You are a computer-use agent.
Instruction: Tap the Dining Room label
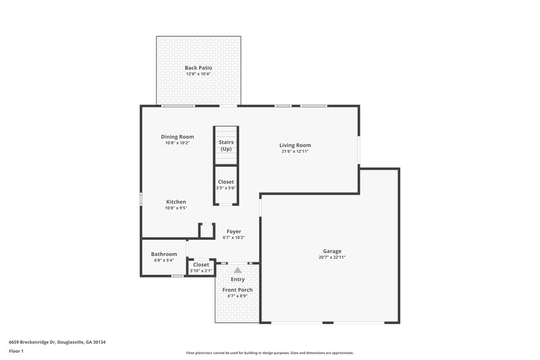click(178, 136)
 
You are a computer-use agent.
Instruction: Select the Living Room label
click(296, 145)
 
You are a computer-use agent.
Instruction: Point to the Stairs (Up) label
click(225, 145)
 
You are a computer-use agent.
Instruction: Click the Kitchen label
click(175, 202)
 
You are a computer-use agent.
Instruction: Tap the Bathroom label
click(164, 254)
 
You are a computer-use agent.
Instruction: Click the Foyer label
click(234, 232)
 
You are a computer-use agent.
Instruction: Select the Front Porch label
click(238, 290)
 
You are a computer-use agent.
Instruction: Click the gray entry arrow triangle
click(238, 269)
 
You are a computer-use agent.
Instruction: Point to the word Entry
click(238, 279)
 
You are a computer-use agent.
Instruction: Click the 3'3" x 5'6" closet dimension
click(225, 188)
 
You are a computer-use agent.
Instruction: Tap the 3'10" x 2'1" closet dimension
click(201, 271)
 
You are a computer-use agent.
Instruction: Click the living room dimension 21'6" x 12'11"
click(296, 151)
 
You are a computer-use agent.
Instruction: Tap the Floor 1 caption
click(16, 352)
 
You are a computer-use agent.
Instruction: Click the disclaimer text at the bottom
click(270, 353)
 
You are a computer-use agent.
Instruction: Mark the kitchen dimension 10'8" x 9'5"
click(175, 208)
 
